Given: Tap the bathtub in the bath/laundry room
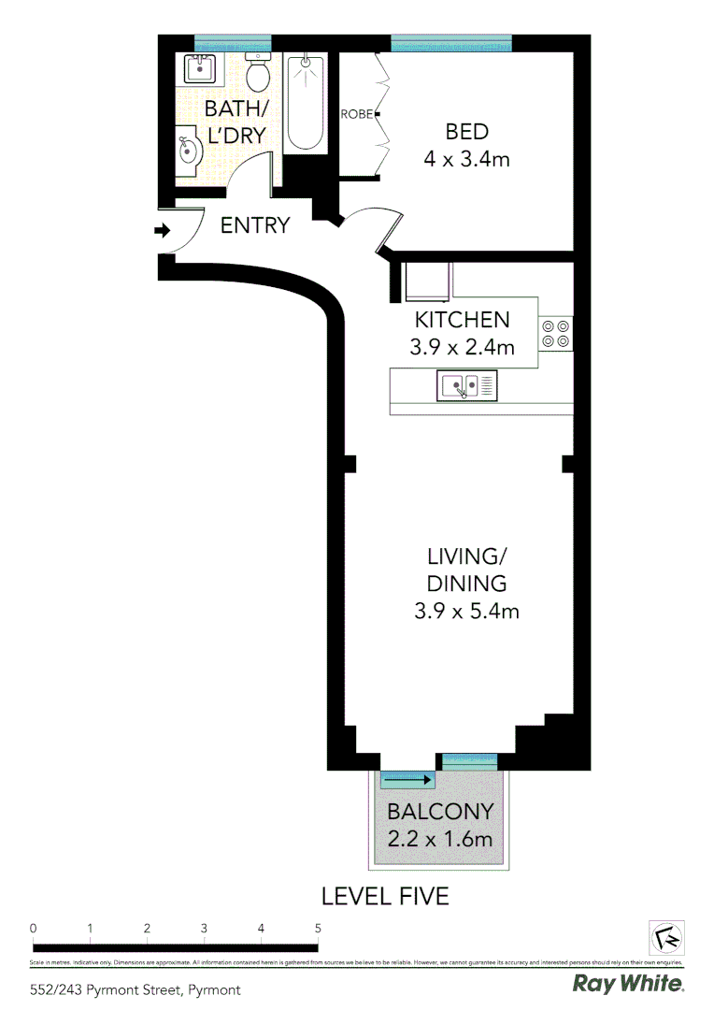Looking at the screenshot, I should (x=306, y=102).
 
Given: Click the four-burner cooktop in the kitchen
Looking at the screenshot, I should (x=555, y=334).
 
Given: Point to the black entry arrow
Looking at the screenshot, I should (x=162, y=229).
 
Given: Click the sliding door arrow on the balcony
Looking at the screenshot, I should (x=407, y=779).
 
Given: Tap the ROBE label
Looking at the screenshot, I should (x=357, y=114).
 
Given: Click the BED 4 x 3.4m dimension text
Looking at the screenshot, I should (x=466, y=159).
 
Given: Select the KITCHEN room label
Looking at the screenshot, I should (x=462, y=320).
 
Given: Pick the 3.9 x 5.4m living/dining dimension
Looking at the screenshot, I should (x=466, y=612).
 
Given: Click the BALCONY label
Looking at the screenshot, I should (x=440, y=811).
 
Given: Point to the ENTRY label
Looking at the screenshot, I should (x=255, y=225).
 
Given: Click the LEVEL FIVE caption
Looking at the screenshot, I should (x=385, y=896).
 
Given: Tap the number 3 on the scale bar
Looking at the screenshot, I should (x=204, y=929).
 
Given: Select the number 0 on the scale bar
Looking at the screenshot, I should (x=33, y=929).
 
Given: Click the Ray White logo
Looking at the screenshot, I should (x=627, y=984).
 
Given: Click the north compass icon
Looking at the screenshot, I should (x=666, y=937).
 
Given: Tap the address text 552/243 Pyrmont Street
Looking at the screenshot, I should (x=136, y=989).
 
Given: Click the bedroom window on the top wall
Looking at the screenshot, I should (x=450, y=43).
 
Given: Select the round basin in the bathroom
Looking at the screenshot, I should (x=187, y=151).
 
